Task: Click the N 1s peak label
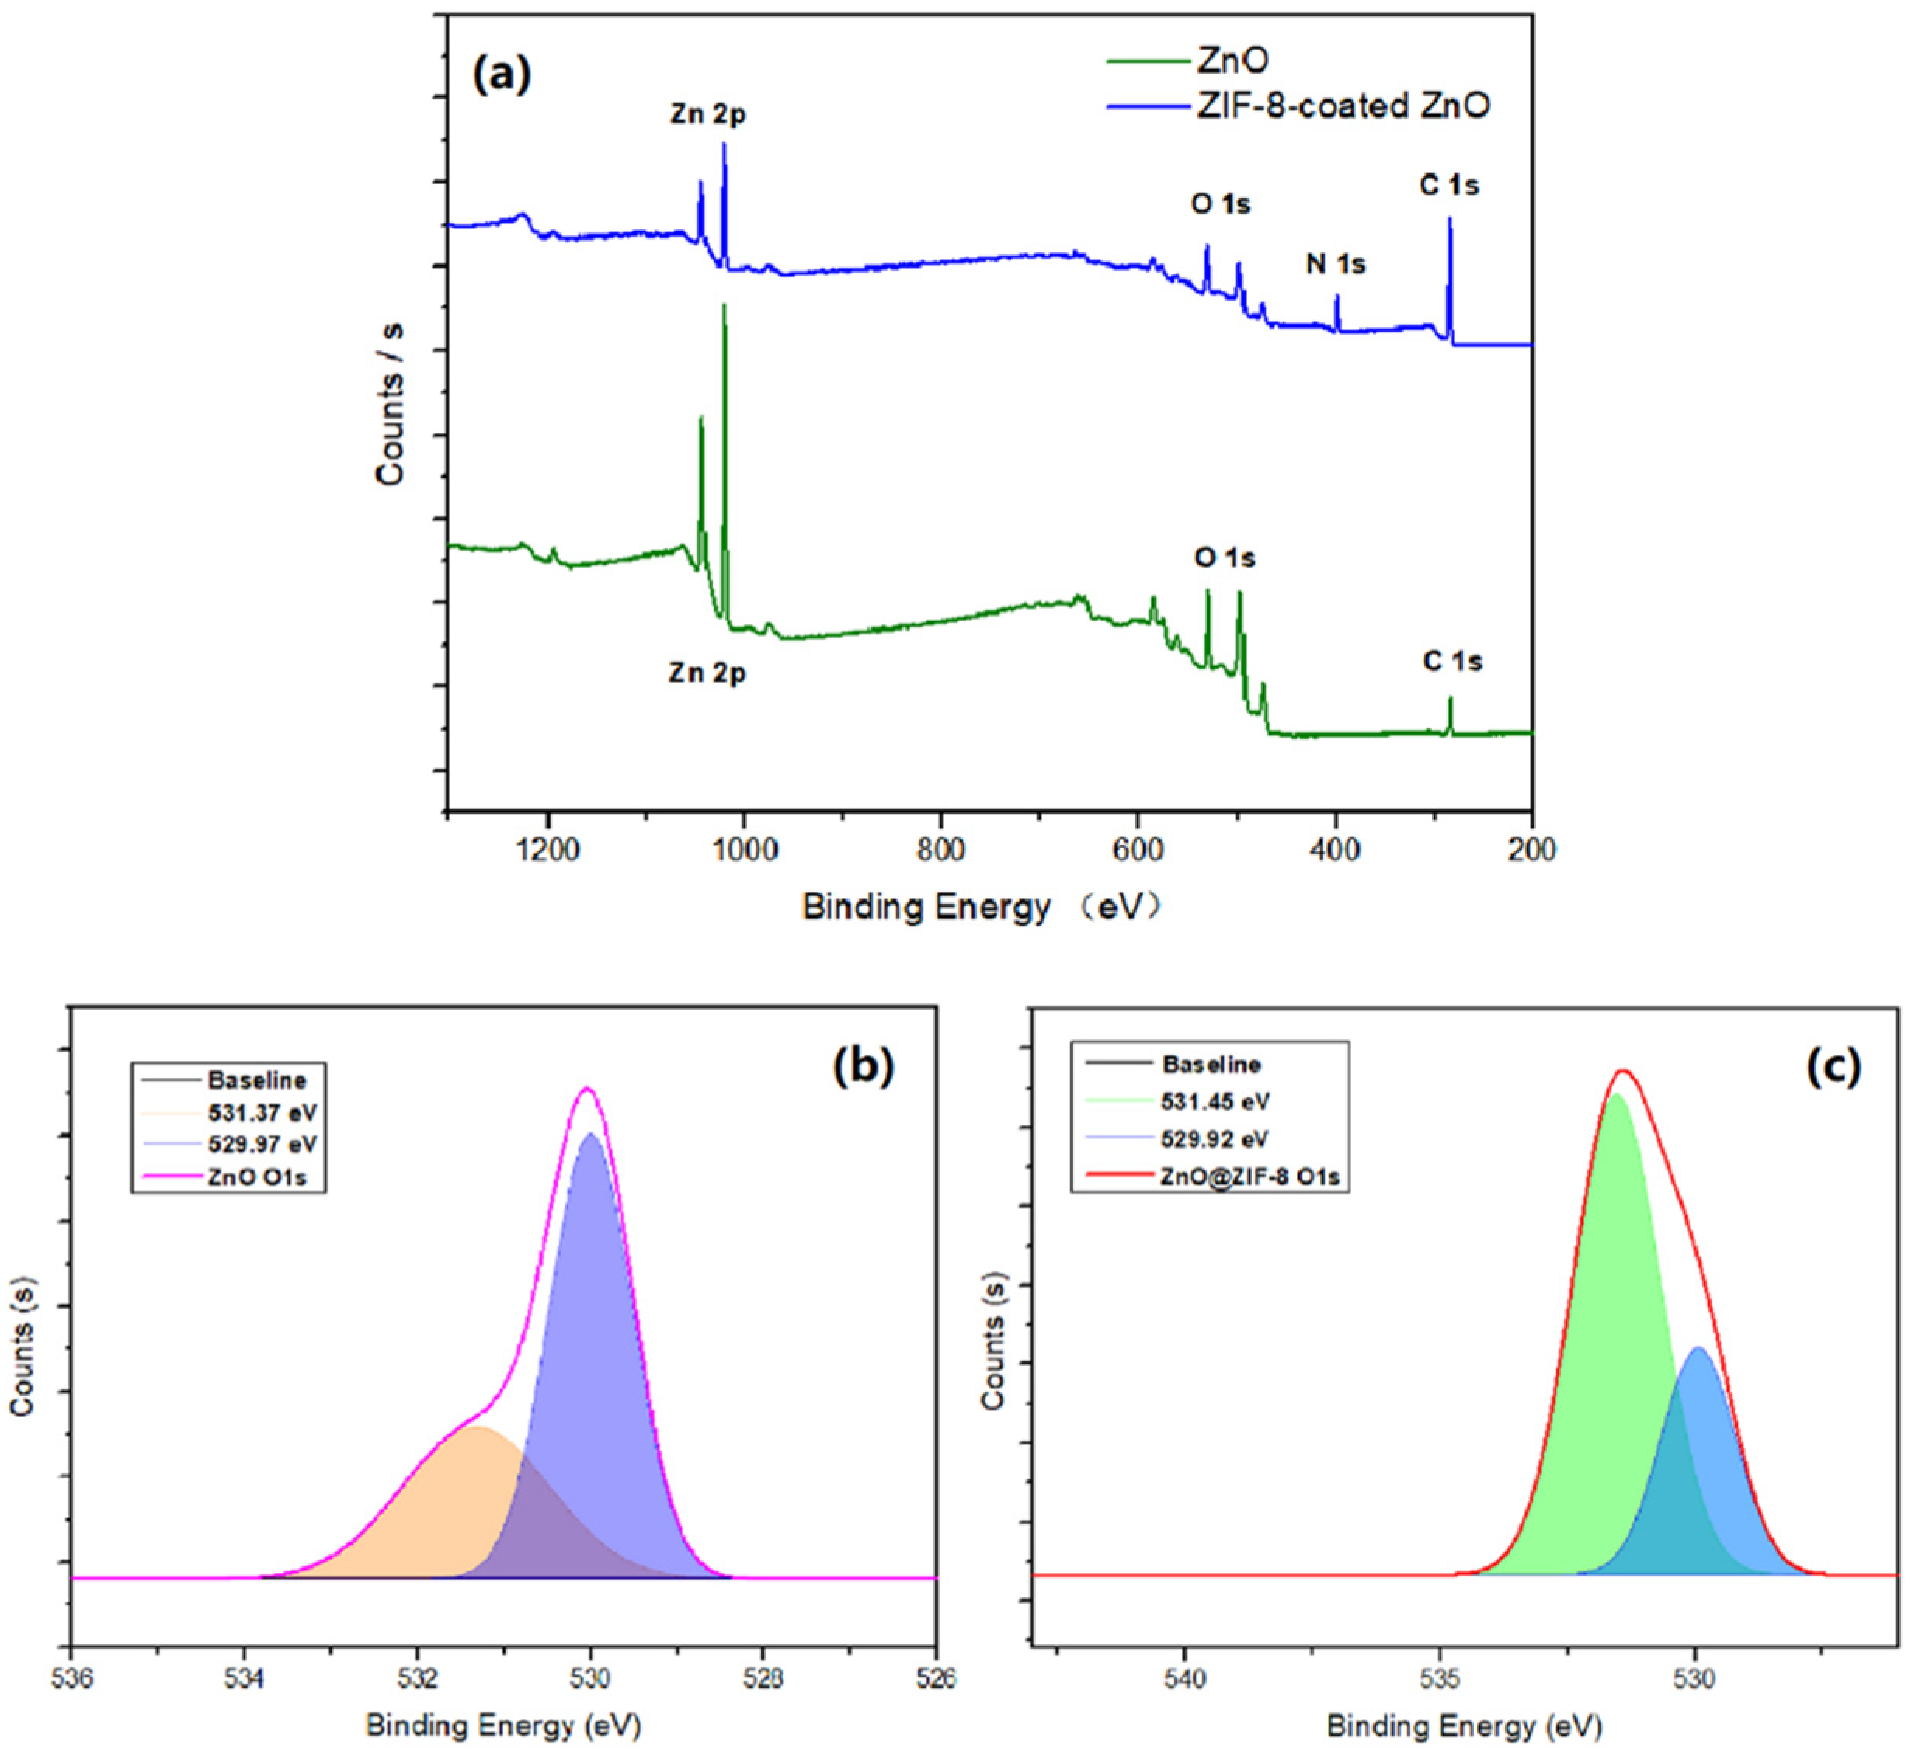pyautogui.click(x=1336, y=264)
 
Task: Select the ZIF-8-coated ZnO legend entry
pyautogui.click(x=1342, y=106)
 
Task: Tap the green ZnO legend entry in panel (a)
pyautogui.click(x=1232, y=61)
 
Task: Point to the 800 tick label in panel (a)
pyautogui.click(x=940, y=850)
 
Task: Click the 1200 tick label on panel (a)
pyautogui.click(x=547, y=850)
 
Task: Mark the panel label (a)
pyautogui.click(x=502, y=75)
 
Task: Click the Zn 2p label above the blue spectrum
pyautogui.click(x=707, y=114)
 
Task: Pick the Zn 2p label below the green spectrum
pyautogui.click(x=707, y=673)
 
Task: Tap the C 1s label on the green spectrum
pyautogui.click(x=1452, y=662)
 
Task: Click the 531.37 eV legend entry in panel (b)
pyautogui.click(x=262, y=1112)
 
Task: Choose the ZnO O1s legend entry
pyautogui.click(x=257, y=1177)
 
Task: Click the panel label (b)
pyautogui.click(x=864, y=1067)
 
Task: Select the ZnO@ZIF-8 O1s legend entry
pyautogui.click(x=1249, y=1177)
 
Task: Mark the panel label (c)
pyautogui.click(x=1832, y=1067)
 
